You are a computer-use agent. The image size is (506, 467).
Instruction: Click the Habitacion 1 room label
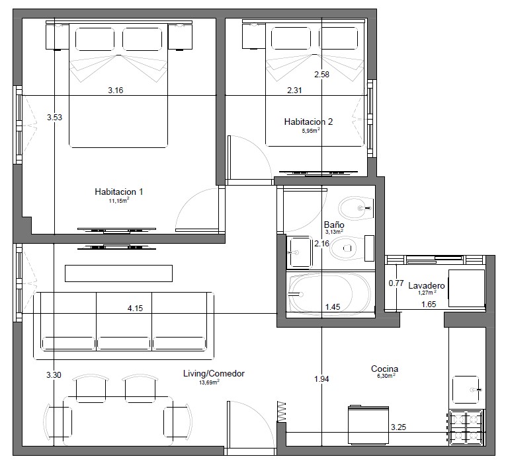click(119, 192)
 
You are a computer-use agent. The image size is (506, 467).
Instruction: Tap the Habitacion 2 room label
click(308, 122)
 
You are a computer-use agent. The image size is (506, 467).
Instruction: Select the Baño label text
click(334, 225)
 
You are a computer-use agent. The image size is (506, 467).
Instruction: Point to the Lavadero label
click(426, 285)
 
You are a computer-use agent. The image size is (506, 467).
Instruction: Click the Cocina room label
click(384, 369)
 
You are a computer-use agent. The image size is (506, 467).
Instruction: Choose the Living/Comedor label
click(214, 374)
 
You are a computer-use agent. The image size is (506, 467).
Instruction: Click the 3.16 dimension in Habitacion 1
click(116, 90)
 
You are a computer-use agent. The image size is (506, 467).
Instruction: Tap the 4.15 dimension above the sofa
click(135, 308)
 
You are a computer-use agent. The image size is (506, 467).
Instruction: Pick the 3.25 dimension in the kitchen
click(399, 427)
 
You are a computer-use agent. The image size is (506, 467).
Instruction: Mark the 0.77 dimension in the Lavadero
click(396, 283)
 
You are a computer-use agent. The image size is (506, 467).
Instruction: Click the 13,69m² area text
click(210, 382)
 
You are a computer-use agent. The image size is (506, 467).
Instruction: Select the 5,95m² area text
click(311, 131)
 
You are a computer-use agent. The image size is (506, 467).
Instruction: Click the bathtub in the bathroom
click(329, 294)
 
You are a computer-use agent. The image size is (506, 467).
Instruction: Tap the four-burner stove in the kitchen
click(466, 427)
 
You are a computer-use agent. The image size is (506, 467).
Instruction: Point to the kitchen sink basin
click(466, 390)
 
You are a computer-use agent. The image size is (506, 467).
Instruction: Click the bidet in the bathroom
click(355, 208)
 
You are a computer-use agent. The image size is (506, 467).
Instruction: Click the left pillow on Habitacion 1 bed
click(95, 40)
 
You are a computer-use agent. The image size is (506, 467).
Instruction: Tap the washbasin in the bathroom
click(300, 252)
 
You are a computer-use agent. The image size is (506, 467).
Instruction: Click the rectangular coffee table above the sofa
click(119, 273)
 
